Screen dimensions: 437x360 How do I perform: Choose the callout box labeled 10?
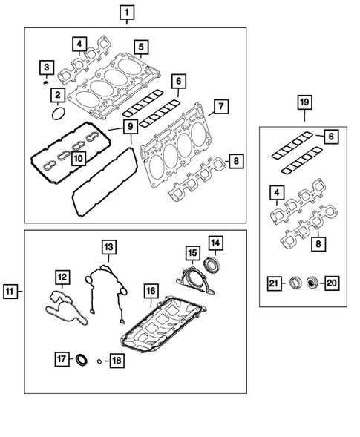(x=78, y=158)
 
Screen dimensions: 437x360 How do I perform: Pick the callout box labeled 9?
(x=129, y=128)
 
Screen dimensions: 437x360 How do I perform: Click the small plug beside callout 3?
(x=46, y=85)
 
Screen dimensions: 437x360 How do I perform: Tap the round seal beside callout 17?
(x=83, y=361)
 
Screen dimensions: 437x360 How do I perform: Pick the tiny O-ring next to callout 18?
(x=99, y=361)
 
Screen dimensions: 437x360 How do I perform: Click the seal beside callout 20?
(x=312, y=283)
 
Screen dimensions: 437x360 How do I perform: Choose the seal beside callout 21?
(x=295, y=283)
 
